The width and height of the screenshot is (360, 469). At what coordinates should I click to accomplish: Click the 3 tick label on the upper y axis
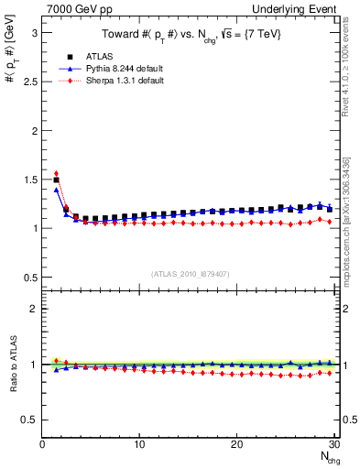click(35, 32)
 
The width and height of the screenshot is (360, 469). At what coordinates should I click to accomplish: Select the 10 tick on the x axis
click(139, 444)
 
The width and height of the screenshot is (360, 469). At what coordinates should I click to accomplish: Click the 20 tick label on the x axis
click(236, 444)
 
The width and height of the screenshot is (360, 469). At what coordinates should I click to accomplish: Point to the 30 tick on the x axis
click(333, 444)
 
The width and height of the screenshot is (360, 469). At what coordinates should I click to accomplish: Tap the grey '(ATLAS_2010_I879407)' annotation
click(191, 272)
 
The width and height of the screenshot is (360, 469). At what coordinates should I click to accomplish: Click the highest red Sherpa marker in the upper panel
click(56, 173)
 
